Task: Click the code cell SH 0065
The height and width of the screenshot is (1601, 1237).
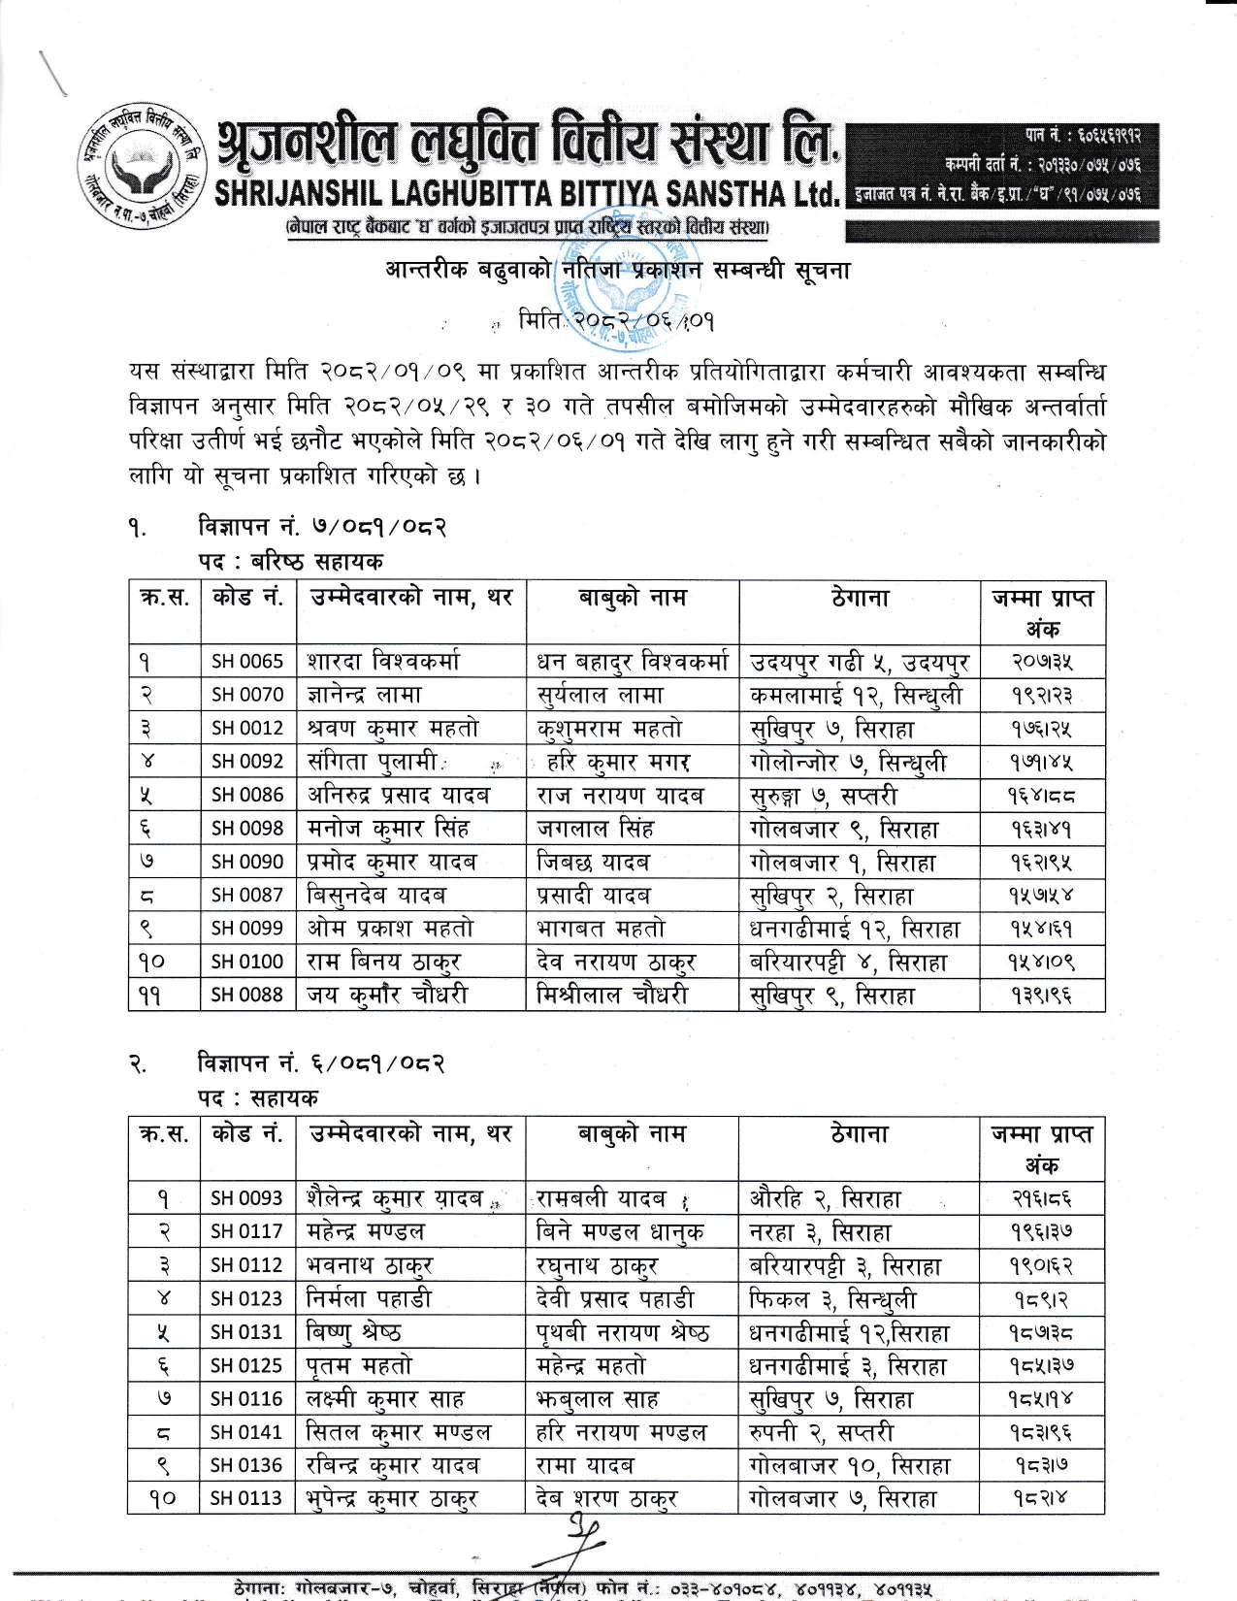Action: coord(247,662)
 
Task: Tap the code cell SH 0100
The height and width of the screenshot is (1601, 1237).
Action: coord(247,962)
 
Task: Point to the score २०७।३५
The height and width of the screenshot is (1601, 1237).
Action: coord(1039,662)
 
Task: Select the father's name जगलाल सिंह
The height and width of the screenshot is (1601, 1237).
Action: coord(595,829)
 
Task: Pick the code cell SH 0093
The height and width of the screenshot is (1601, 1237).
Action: coord(247,1198)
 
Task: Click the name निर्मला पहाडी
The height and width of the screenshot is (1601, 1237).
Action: coord(369,1298)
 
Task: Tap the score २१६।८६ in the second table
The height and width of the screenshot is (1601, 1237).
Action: coord(1039,1198)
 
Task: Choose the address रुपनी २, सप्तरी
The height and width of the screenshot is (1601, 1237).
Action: coord(821,1431)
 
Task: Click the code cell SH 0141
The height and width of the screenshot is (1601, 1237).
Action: coord(247,1431)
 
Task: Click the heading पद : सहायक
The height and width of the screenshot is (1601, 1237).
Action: coord(257,1096)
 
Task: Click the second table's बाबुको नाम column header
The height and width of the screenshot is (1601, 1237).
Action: coord(632,1132)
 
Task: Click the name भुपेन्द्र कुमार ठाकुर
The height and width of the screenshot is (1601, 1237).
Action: coord(392,1498)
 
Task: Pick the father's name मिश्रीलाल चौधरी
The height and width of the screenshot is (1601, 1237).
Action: coord(612,995)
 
